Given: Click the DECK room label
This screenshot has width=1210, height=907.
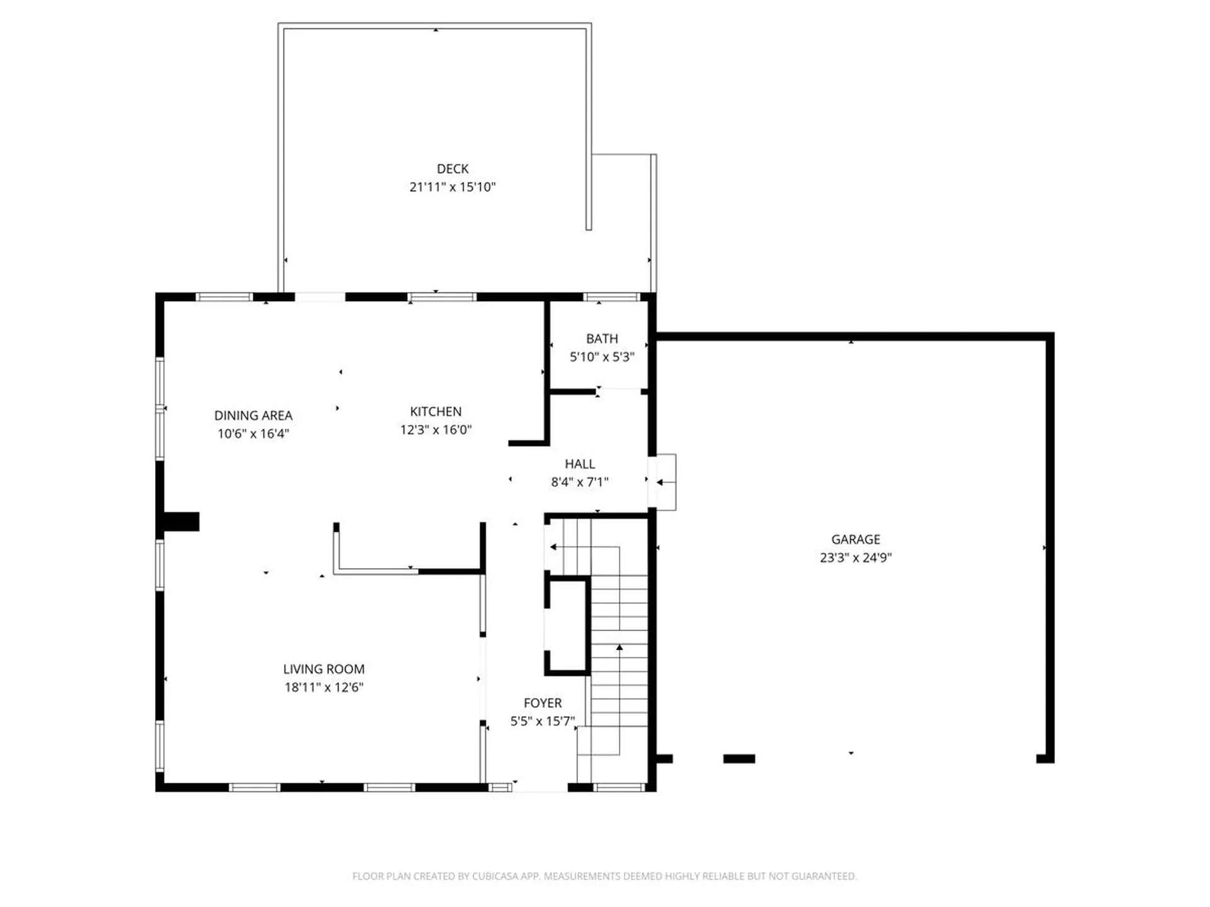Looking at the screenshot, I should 452,169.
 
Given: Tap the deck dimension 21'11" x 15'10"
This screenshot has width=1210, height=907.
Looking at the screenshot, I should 452,187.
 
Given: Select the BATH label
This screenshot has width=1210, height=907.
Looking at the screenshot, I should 602,339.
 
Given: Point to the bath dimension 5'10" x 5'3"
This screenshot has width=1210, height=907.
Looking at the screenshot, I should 602,357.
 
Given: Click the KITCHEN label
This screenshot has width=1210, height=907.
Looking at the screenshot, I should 435,412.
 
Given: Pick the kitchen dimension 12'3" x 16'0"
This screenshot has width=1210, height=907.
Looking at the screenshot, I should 435,430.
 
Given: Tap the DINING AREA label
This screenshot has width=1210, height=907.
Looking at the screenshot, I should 253,416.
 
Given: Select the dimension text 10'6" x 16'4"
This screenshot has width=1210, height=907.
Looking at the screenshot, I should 253,434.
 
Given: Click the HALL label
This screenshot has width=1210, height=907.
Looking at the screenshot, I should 580,464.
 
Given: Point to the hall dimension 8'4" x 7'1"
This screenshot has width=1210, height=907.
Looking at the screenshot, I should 580,482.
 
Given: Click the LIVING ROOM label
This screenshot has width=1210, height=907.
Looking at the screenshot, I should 323,670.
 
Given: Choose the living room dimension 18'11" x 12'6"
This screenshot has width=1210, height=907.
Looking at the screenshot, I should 323,688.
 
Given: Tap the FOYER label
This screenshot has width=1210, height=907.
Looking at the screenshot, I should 543,704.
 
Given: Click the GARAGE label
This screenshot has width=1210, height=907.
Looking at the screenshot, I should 855,540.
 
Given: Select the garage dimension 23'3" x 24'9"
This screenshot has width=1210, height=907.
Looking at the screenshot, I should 855,557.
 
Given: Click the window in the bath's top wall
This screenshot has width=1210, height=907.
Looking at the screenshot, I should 611,297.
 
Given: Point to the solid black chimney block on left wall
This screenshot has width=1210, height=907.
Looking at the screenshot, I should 181,522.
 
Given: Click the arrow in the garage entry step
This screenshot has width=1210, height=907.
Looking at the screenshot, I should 662,482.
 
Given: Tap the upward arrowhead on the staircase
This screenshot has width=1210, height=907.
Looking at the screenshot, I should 619,647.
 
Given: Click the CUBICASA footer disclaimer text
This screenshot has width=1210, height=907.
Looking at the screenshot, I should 604,876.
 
